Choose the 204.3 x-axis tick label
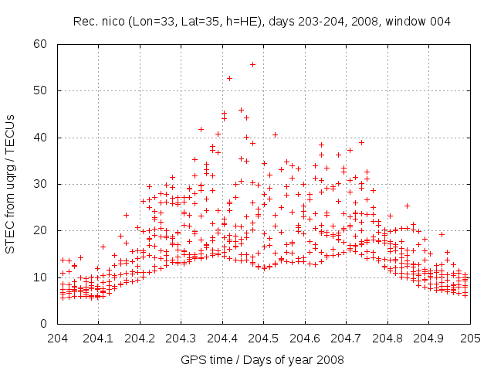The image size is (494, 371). (181, 339)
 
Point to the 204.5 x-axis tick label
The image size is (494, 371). (264, 339)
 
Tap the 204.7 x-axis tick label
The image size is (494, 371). (347, 339)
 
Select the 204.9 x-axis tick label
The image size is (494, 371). (429, 339)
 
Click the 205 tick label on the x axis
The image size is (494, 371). (470, 339)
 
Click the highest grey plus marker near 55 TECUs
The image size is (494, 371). (252, 65)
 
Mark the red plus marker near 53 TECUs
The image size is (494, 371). (229, 78)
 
